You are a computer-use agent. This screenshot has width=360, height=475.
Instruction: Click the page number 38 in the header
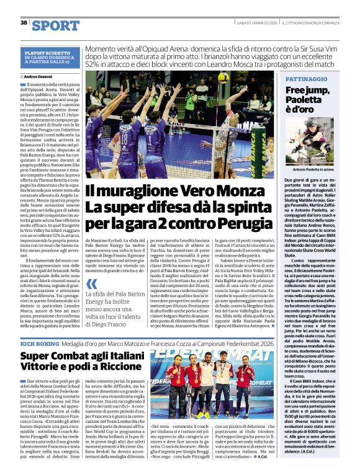pos(24,22)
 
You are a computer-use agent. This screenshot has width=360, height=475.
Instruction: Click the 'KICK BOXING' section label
pos(38,343)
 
